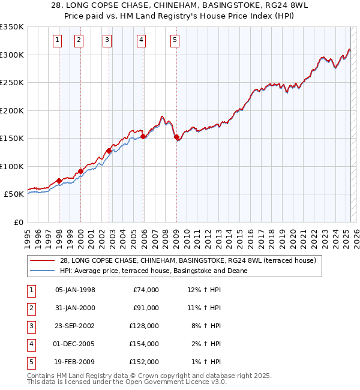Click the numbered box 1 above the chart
(x=57, y=40)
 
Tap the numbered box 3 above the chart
(x=107, y=40)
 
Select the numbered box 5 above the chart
(x=175, y=40)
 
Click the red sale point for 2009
(x=176, y=137)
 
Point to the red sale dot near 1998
(x=59, y=181)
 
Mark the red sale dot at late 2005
(x=143, y=136)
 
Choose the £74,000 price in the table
(x=146, y=290)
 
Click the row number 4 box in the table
(x=30, y=344)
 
